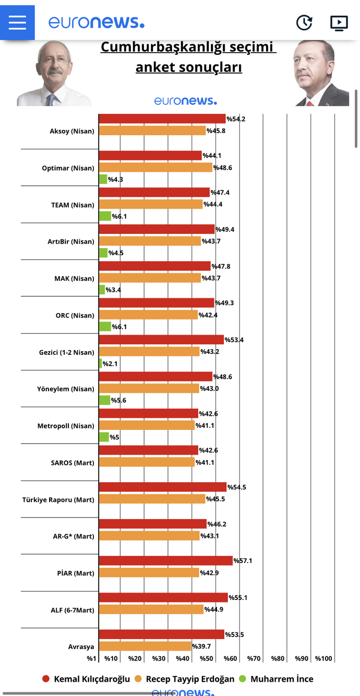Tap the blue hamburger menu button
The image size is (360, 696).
tap(17, 22)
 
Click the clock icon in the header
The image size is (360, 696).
tap(304, 22)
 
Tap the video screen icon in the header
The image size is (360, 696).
tap(339, 23)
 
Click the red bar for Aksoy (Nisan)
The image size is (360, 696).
tap(162, 118)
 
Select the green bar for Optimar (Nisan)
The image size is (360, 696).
tap(103, 179)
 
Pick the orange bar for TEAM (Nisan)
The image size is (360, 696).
tap(151, 204)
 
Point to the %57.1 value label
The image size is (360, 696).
tap(243, 560)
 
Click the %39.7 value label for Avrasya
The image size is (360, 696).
tap(201, 646)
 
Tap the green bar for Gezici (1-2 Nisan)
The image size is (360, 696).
tap(100, 364)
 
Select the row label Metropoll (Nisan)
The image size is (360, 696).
tap(66, 426)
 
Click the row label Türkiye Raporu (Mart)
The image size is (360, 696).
tap(58, 500)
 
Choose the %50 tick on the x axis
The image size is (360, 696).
tap(207, 658)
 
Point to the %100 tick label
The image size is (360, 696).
tap(323, 658)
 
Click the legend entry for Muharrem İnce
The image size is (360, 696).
tap(277, 679)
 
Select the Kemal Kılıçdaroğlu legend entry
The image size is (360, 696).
tap(86, 679)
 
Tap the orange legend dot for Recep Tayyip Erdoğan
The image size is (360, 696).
tap(138, 679)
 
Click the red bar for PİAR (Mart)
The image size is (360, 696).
tap(166, 560)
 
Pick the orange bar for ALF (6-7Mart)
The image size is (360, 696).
tap(151, 609)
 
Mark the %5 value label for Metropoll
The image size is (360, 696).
tap(114, 437)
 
